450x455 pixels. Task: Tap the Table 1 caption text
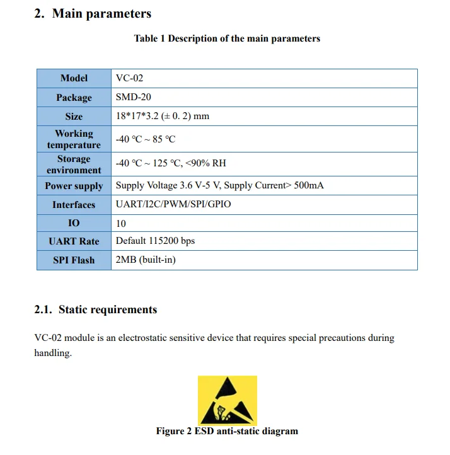coord(227,38)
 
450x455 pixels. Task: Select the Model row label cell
coord(74,78)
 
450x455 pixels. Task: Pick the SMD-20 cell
coord(134,97)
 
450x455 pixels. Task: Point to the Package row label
coord(74,98)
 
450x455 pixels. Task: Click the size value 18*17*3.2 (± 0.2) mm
coord(163,116)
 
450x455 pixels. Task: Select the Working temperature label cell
coord(74,139)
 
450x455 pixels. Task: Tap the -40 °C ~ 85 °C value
coord(146,139)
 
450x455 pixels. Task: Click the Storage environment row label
coord(74,164)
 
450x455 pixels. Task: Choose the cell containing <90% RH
coord(171,163)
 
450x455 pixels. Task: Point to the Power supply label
coord(74,186)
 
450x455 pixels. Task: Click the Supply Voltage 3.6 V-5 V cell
coord(220,186)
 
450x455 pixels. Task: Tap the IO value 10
coord(121,223)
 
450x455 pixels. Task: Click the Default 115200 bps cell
coord(155,241)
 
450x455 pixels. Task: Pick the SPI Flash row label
coord(74,260)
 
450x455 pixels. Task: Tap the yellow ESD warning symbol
coord(227,400)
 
